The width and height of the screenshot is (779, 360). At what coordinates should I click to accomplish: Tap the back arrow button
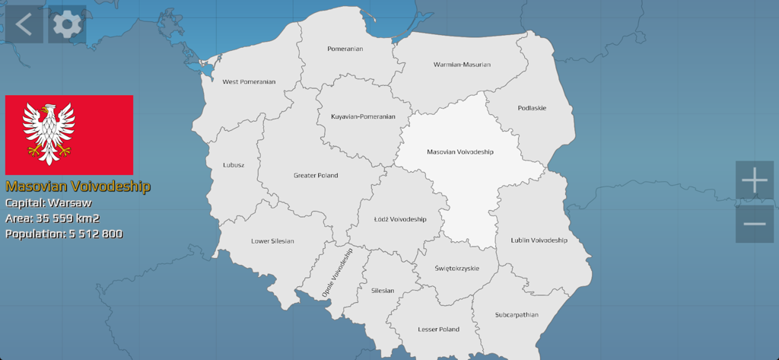(x=24, y=24)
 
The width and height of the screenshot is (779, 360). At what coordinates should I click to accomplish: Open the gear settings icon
(x=67, y=25)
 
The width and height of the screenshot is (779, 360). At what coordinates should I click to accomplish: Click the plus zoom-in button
(x=754, y=180)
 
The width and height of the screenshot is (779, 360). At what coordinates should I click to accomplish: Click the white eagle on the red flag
(x=49, y=134)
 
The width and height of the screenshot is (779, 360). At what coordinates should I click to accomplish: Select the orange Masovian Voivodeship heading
(x=78, y=186)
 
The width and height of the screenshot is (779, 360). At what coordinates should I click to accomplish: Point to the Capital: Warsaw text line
(x=49, y=203)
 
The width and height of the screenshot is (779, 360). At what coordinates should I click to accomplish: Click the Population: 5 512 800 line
(x=64, y=234)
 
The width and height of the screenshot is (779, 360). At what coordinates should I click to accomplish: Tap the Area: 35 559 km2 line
(x=52, y=218)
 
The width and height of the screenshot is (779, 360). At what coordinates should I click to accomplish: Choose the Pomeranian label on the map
(x=345, y=49)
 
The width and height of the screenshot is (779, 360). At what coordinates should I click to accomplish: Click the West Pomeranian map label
(x=249, y=81)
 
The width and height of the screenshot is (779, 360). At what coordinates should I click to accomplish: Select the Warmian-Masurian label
(x=462, y=65)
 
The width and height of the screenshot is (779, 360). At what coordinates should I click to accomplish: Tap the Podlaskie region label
(x=532, y=108)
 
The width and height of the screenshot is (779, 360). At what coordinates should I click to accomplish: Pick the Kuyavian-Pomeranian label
(x=363, y=116)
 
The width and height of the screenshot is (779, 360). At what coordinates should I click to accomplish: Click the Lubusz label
(x=234, y=164)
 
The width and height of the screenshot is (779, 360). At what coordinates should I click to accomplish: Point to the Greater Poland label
(x=316, y=176)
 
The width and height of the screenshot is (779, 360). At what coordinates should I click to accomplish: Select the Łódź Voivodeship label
(x=400, y=219)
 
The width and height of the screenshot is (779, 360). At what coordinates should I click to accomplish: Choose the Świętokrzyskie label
(x=456, y=268)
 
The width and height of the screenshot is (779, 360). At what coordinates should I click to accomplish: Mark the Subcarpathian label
(x=517, y=314)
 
